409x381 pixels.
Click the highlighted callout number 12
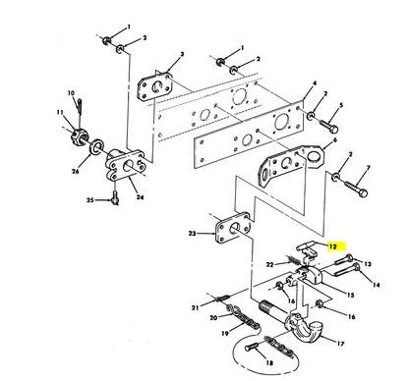333,246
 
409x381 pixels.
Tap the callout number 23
193,234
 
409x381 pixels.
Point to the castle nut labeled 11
79,136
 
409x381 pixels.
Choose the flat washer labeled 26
97,147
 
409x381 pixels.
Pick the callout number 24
140,197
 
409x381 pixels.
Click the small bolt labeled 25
115,198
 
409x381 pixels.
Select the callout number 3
182,54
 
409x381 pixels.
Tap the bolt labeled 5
328,127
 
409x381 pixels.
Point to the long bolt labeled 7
356,190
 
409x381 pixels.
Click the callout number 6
334,140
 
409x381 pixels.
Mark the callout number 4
315,83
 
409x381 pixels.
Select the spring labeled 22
294,260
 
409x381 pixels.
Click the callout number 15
351,295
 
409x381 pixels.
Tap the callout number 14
377,285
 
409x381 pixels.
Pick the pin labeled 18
252,348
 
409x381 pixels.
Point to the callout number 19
225,334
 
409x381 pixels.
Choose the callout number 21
196,307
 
